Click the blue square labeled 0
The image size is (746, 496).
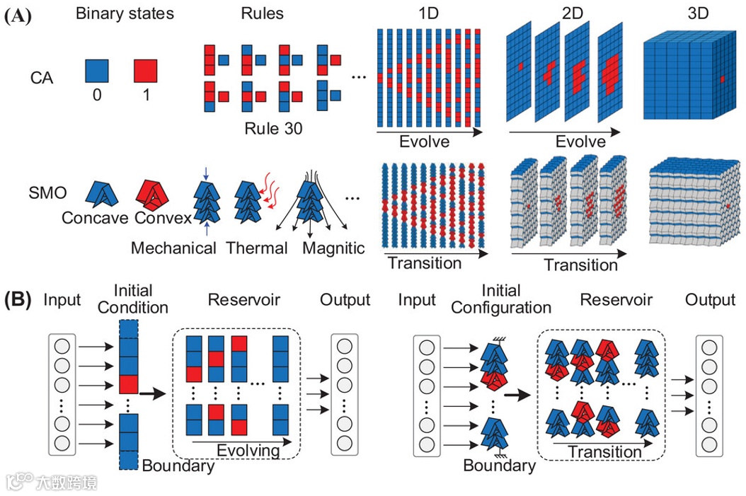tap(96, 71)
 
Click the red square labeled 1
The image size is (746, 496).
tap(145, 71)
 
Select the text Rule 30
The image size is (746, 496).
tap(273, 129)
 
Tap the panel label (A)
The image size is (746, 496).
tap(18, 16)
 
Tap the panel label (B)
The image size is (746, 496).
tap(18, 299)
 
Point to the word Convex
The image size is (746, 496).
tap(163, 218)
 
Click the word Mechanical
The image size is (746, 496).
tap(173, 248)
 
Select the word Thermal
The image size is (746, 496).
tap(257, 248)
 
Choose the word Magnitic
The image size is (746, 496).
tap(333, 248)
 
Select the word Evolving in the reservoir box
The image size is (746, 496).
tap(248, 451)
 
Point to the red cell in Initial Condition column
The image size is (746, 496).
tap(127, 384)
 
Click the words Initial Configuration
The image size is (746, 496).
tap(500, 299)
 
